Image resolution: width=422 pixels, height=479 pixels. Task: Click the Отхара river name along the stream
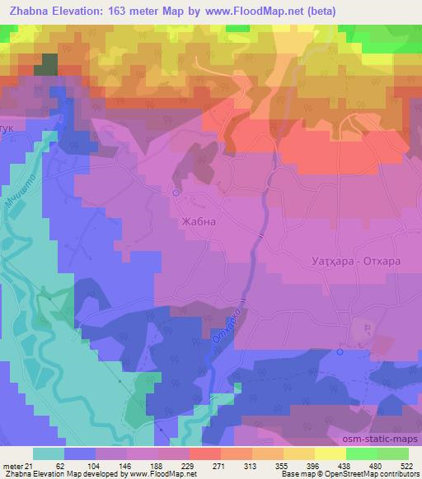233,323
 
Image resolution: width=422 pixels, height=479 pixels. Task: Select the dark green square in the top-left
45,65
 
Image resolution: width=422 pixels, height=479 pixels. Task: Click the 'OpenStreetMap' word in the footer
358,474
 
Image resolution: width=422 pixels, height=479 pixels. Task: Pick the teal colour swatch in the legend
49,453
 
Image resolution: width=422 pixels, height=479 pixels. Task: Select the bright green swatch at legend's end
393,453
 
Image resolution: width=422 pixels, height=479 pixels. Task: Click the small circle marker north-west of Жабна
176,192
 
